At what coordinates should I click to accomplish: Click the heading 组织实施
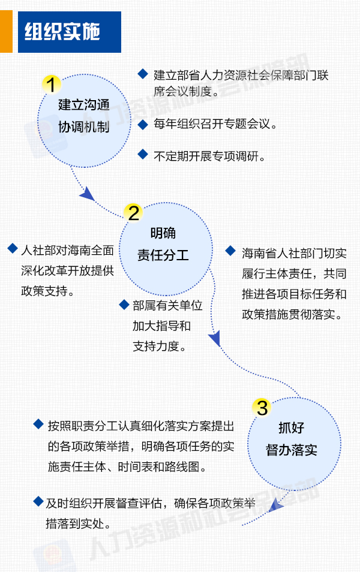62,31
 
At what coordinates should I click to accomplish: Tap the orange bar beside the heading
6,31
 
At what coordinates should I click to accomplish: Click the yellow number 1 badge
51,85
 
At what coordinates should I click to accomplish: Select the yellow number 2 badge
134,213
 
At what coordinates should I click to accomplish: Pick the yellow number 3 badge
262,408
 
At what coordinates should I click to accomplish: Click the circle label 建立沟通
84,105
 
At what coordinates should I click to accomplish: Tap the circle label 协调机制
84,127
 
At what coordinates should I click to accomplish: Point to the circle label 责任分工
163,255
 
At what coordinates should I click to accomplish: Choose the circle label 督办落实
292,450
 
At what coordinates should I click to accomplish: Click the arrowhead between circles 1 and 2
87,194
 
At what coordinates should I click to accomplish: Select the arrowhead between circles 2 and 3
215,338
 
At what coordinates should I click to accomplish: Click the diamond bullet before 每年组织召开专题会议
143,124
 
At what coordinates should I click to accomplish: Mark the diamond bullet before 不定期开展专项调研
143,154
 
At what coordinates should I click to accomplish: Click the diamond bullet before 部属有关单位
124,304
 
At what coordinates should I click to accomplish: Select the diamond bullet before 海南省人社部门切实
230,251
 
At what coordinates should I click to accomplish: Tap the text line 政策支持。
48,291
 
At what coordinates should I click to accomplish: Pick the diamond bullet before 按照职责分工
38,424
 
